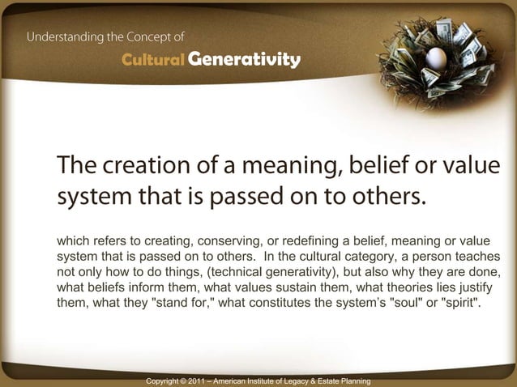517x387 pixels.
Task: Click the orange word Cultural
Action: (152, 61)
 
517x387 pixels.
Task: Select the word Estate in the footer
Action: (327, 381)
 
